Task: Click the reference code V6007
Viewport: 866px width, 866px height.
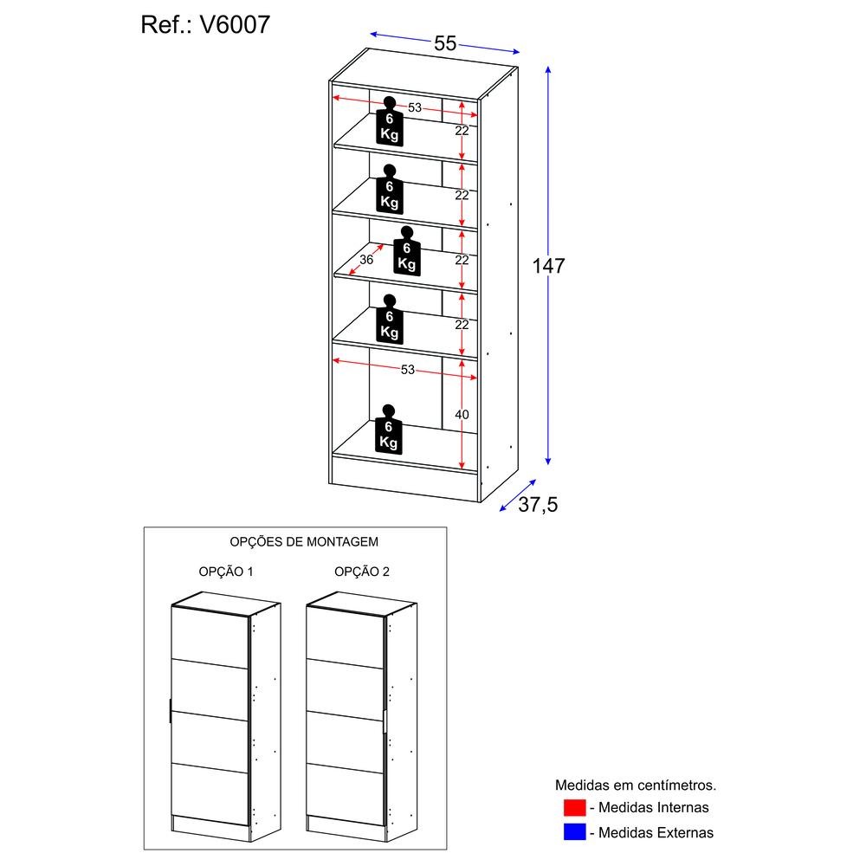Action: pos(235,24)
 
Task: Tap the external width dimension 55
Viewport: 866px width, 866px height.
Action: pos(444,44)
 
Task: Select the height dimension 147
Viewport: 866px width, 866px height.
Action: pos(548,266)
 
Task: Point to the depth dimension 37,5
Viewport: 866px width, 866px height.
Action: pos(538,505)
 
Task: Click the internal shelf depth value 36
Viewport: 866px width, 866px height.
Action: pos(365,260)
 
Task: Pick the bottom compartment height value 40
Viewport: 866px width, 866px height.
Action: pos(462,415)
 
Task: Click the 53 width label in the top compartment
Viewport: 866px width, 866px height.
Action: pos(414,108)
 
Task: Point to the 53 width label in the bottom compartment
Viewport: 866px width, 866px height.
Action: pos(408,370)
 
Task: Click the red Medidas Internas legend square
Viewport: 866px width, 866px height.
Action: pos(573,808)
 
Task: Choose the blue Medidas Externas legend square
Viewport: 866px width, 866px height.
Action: pos(573,832)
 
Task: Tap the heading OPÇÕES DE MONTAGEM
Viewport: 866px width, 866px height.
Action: pos(304,541)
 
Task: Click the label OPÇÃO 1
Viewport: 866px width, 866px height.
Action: pos(225,572)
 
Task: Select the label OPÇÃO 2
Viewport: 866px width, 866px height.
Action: pos(362,572)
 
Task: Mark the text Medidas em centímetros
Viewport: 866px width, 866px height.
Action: pos(636,785)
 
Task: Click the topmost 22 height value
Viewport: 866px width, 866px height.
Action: pos(462,131)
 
